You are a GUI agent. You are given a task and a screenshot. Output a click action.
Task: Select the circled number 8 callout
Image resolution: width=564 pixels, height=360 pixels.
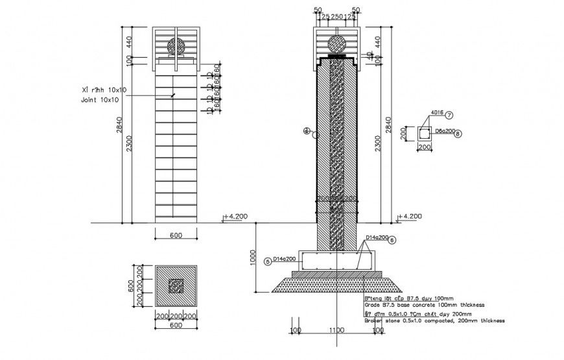(x=458, y=134)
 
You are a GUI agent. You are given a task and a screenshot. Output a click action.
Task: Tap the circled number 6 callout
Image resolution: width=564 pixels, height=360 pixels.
(x=392, y=240)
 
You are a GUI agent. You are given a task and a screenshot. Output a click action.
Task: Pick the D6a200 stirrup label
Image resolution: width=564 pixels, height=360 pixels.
(x=443, y=132)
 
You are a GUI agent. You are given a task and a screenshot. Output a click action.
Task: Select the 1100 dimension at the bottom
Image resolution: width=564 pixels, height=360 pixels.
(x=336, y=331)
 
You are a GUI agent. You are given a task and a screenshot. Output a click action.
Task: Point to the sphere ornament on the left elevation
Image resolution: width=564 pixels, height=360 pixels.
(x=176, y=47)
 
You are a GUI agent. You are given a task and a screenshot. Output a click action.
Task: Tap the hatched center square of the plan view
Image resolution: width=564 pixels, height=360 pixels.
(x=176, y=286)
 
